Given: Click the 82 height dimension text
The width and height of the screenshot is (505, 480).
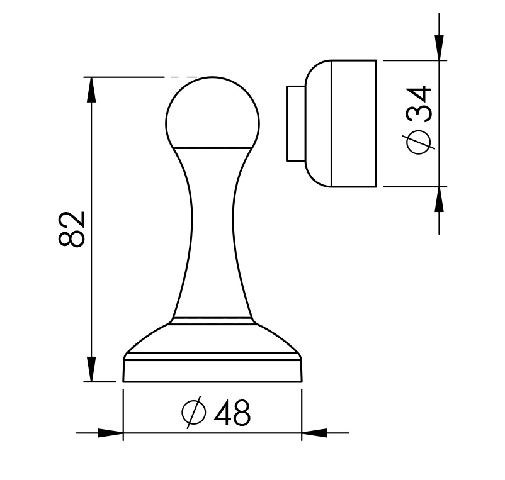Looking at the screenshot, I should (x=72, y=230).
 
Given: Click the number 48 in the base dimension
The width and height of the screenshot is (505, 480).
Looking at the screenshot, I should (x=232, y=413).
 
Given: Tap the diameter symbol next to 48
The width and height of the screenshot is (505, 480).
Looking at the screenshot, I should (x=194, y=413).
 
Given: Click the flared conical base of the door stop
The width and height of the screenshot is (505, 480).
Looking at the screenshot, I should (x=212, y=339).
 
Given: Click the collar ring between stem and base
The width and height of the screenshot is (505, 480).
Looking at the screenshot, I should (x=212, y=321).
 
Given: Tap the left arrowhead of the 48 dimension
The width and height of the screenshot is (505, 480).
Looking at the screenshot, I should (x=111, y=433).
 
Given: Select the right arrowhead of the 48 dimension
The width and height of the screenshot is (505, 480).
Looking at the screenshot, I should (x=314, y=433).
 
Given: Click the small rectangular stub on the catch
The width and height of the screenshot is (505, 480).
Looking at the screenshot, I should (x=295, y=123).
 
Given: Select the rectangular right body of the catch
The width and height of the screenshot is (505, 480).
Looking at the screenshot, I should (x=354, y=123).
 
